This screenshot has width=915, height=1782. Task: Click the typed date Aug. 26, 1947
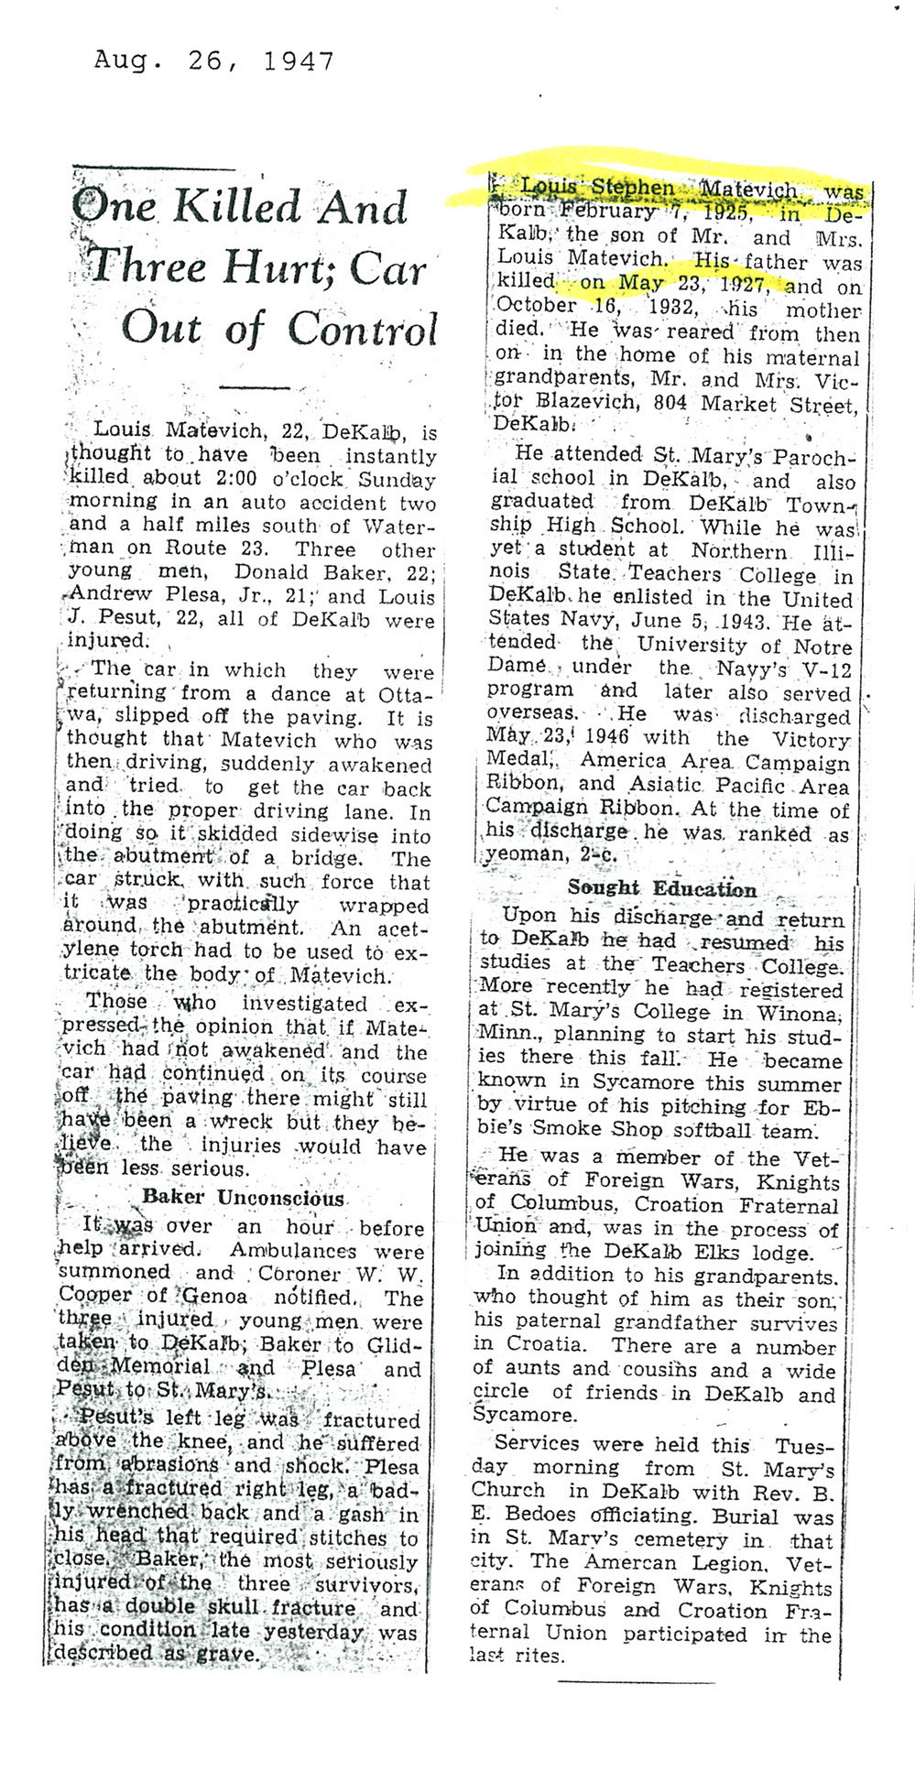[x=213, y=61]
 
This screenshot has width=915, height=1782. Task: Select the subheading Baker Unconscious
[x=244, y=1198]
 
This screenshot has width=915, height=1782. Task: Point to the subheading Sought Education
[x=661, y=889]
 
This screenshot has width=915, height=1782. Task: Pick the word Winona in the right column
[x=812, y=1014]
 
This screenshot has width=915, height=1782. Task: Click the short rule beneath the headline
[x=255, y=388]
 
